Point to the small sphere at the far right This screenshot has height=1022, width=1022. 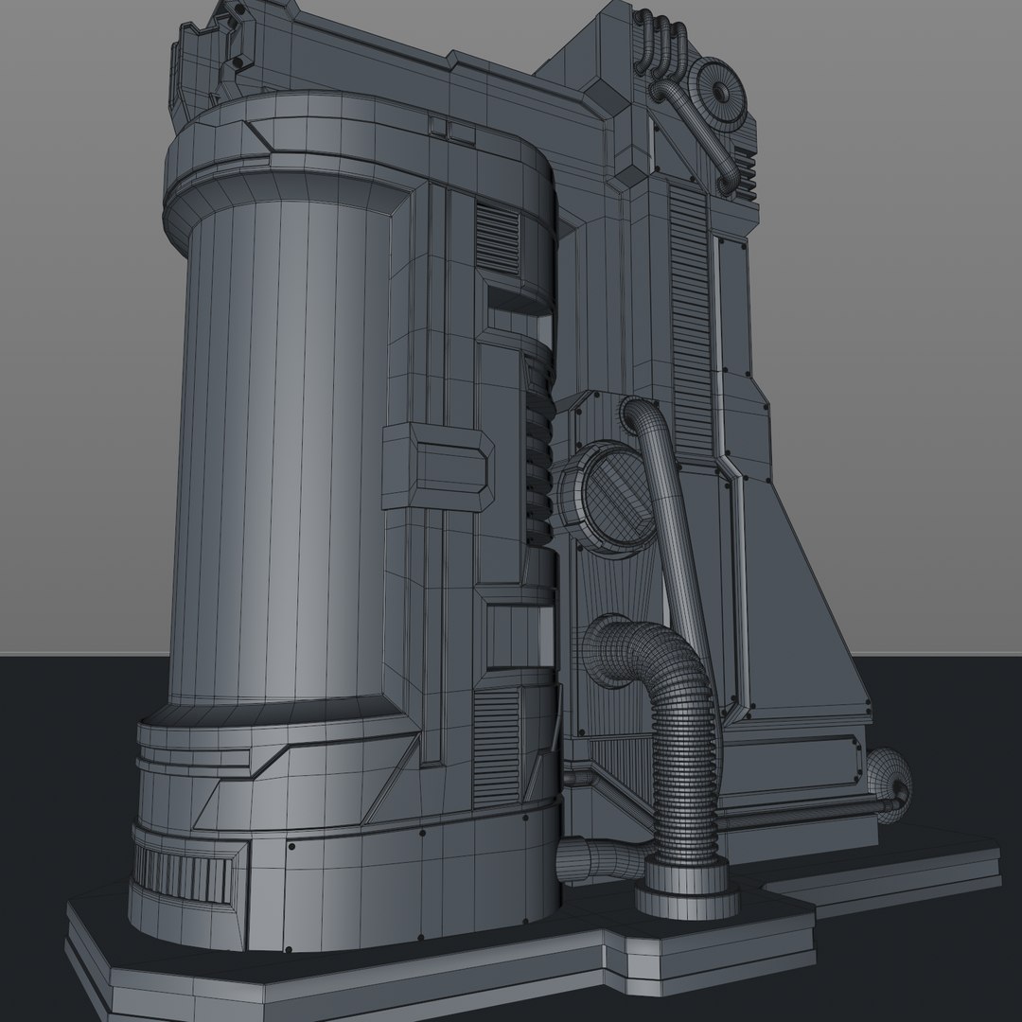point(890,776)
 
